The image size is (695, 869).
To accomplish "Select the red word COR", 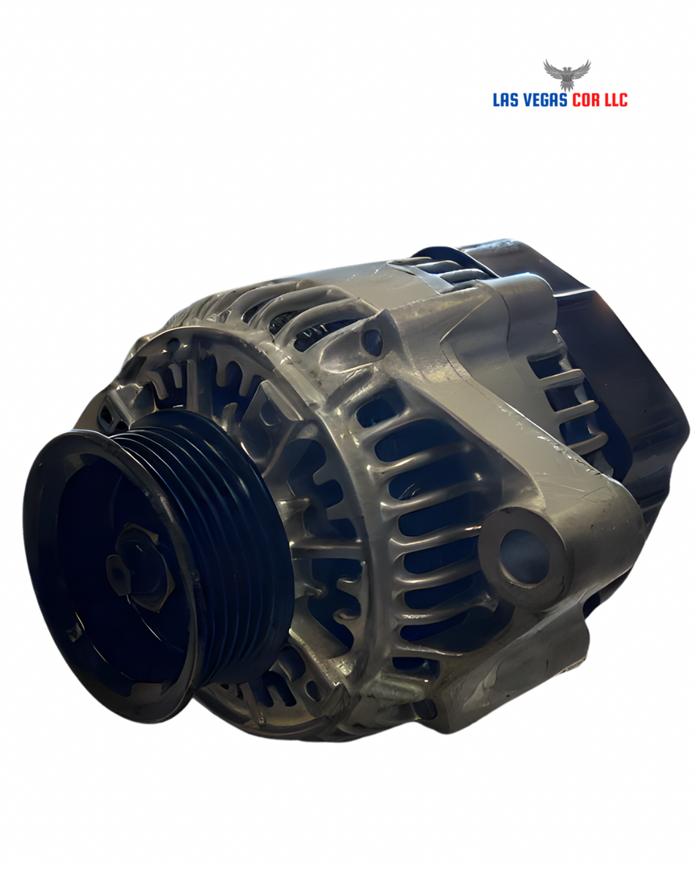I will click(x=587, y=100).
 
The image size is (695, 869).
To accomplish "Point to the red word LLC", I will click(x=616, y=100).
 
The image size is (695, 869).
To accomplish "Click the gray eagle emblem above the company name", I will click(x=566, y=75).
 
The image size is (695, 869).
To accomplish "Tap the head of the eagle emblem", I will click(x=566, y=69).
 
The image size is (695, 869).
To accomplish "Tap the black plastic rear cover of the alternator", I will click(x=629, y=351).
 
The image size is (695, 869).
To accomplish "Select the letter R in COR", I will click(x=596, y=100).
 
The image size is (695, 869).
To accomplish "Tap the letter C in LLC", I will click(x=623, y=100).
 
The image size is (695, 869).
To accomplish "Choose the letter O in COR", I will click(x=587, y=100).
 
